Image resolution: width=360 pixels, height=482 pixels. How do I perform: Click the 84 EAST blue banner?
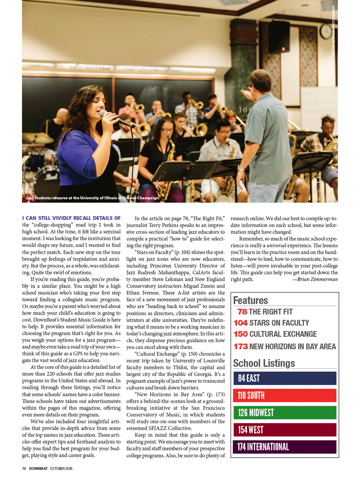point(285,378)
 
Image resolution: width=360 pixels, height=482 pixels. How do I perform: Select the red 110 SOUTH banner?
point(285,395)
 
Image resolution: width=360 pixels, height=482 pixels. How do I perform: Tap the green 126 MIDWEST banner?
point(285,413)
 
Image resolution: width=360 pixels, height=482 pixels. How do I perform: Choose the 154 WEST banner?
point(285,430)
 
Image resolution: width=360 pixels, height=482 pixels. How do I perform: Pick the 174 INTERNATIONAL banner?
point(285,447)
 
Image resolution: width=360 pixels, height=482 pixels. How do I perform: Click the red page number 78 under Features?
point(242,312)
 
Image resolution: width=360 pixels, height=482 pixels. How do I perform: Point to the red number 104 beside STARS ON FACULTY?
point(240,323)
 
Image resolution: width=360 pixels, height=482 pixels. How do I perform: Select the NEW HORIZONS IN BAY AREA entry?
point(292,347)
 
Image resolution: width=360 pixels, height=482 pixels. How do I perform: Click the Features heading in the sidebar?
point(251,300)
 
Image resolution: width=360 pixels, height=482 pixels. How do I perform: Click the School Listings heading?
point(264,363)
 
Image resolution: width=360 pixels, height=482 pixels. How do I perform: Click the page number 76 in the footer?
point(24,469)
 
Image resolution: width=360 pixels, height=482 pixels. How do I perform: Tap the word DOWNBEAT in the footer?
point(38,469)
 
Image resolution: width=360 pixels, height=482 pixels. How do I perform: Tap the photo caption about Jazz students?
point(93,198)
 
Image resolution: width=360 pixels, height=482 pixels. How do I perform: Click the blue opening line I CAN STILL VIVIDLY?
point(71,218)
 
